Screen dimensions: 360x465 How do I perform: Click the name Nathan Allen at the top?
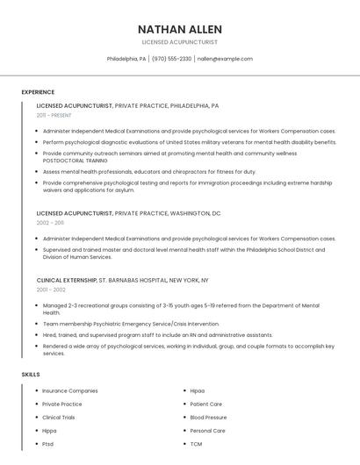179,29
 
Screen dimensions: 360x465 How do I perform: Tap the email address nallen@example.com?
225,59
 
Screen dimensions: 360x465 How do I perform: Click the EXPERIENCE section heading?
38,92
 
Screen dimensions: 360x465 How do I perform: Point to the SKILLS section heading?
31,375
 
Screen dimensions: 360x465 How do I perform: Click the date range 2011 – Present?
54,115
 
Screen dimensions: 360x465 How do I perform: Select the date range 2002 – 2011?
50,223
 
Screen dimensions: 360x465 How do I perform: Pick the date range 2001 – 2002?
51,290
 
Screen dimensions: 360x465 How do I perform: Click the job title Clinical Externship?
67,280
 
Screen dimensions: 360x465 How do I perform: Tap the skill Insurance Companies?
70,390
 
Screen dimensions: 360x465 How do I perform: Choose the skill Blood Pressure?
208,418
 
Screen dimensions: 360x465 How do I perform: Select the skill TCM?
197,444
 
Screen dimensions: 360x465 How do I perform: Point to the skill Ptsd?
48,444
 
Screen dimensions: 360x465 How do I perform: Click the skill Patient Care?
206,404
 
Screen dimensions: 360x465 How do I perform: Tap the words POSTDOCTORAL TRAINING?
76,161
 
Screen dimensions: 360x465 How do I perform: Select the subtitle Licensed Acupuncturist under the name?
179,41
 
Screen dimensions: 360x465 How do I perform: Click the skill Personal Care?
208,431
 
